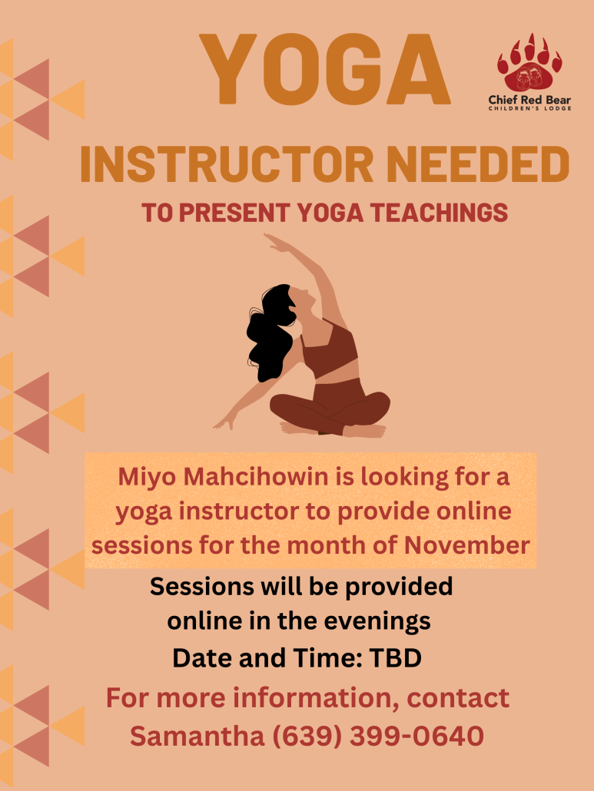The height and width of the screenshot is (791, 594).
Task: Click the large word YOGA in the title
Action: click(324, 69)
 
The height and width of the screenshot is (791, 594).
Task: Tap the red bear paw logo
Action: click(529, 62)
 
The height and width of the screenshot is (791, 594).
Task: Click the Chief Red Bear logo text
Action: click(529, 102)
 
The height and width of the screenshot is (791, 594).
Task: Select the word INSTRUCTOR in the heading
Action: click(227, 164)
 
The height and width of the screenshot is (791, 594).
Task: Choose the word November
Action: click(466, 545)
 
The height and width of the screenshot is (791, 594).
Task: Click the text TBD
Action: click(395, 658)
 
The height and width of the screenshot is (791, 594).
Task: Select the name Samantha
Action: click(197, 736)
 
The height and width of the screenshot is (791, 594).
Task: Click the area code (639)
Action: click(307, 736)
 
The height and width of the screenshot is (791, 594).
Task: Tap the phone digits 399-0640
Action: click(416, 736)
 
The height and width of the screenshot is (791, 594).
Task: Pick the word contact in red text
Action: click(458, 698)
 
